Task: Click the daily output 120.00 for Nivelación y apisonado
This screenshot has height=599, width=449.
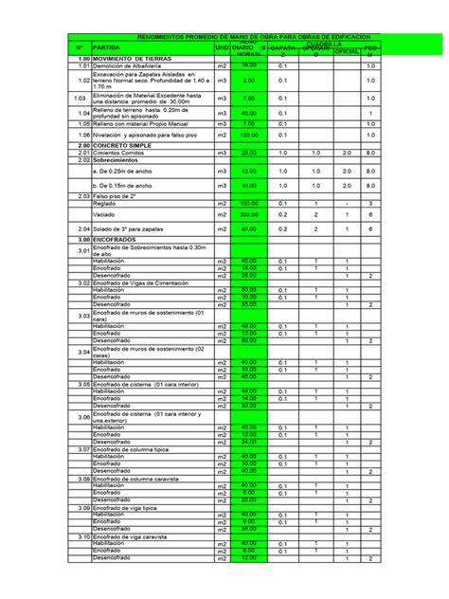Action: click(248, 136)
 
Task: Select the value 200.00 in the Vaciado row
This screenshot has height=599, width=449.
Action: click(248, 215)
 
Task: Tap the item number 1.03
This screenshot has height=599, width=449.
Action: click(81, 99)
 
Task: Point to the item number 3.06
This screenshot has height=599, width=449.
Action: click(82, 418)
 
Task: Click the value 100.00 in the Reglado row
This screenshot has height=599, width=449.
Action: click(248, 203)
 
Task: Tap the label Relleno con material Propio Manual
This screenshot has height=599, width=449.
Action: click(142, 124)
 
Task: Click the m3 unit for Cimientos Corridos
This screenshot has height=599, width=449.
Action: click(222, 153)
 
